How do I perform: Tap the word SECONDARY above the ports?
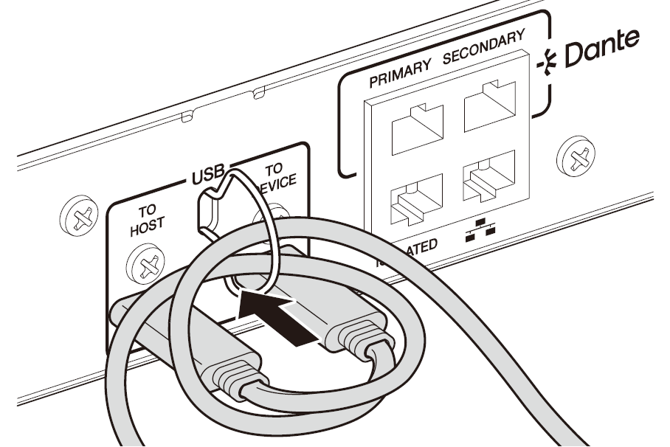pyautogui.click(x=485, y=49)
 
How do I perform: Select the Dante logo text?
pyautogui.click(x=603, y=48)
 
